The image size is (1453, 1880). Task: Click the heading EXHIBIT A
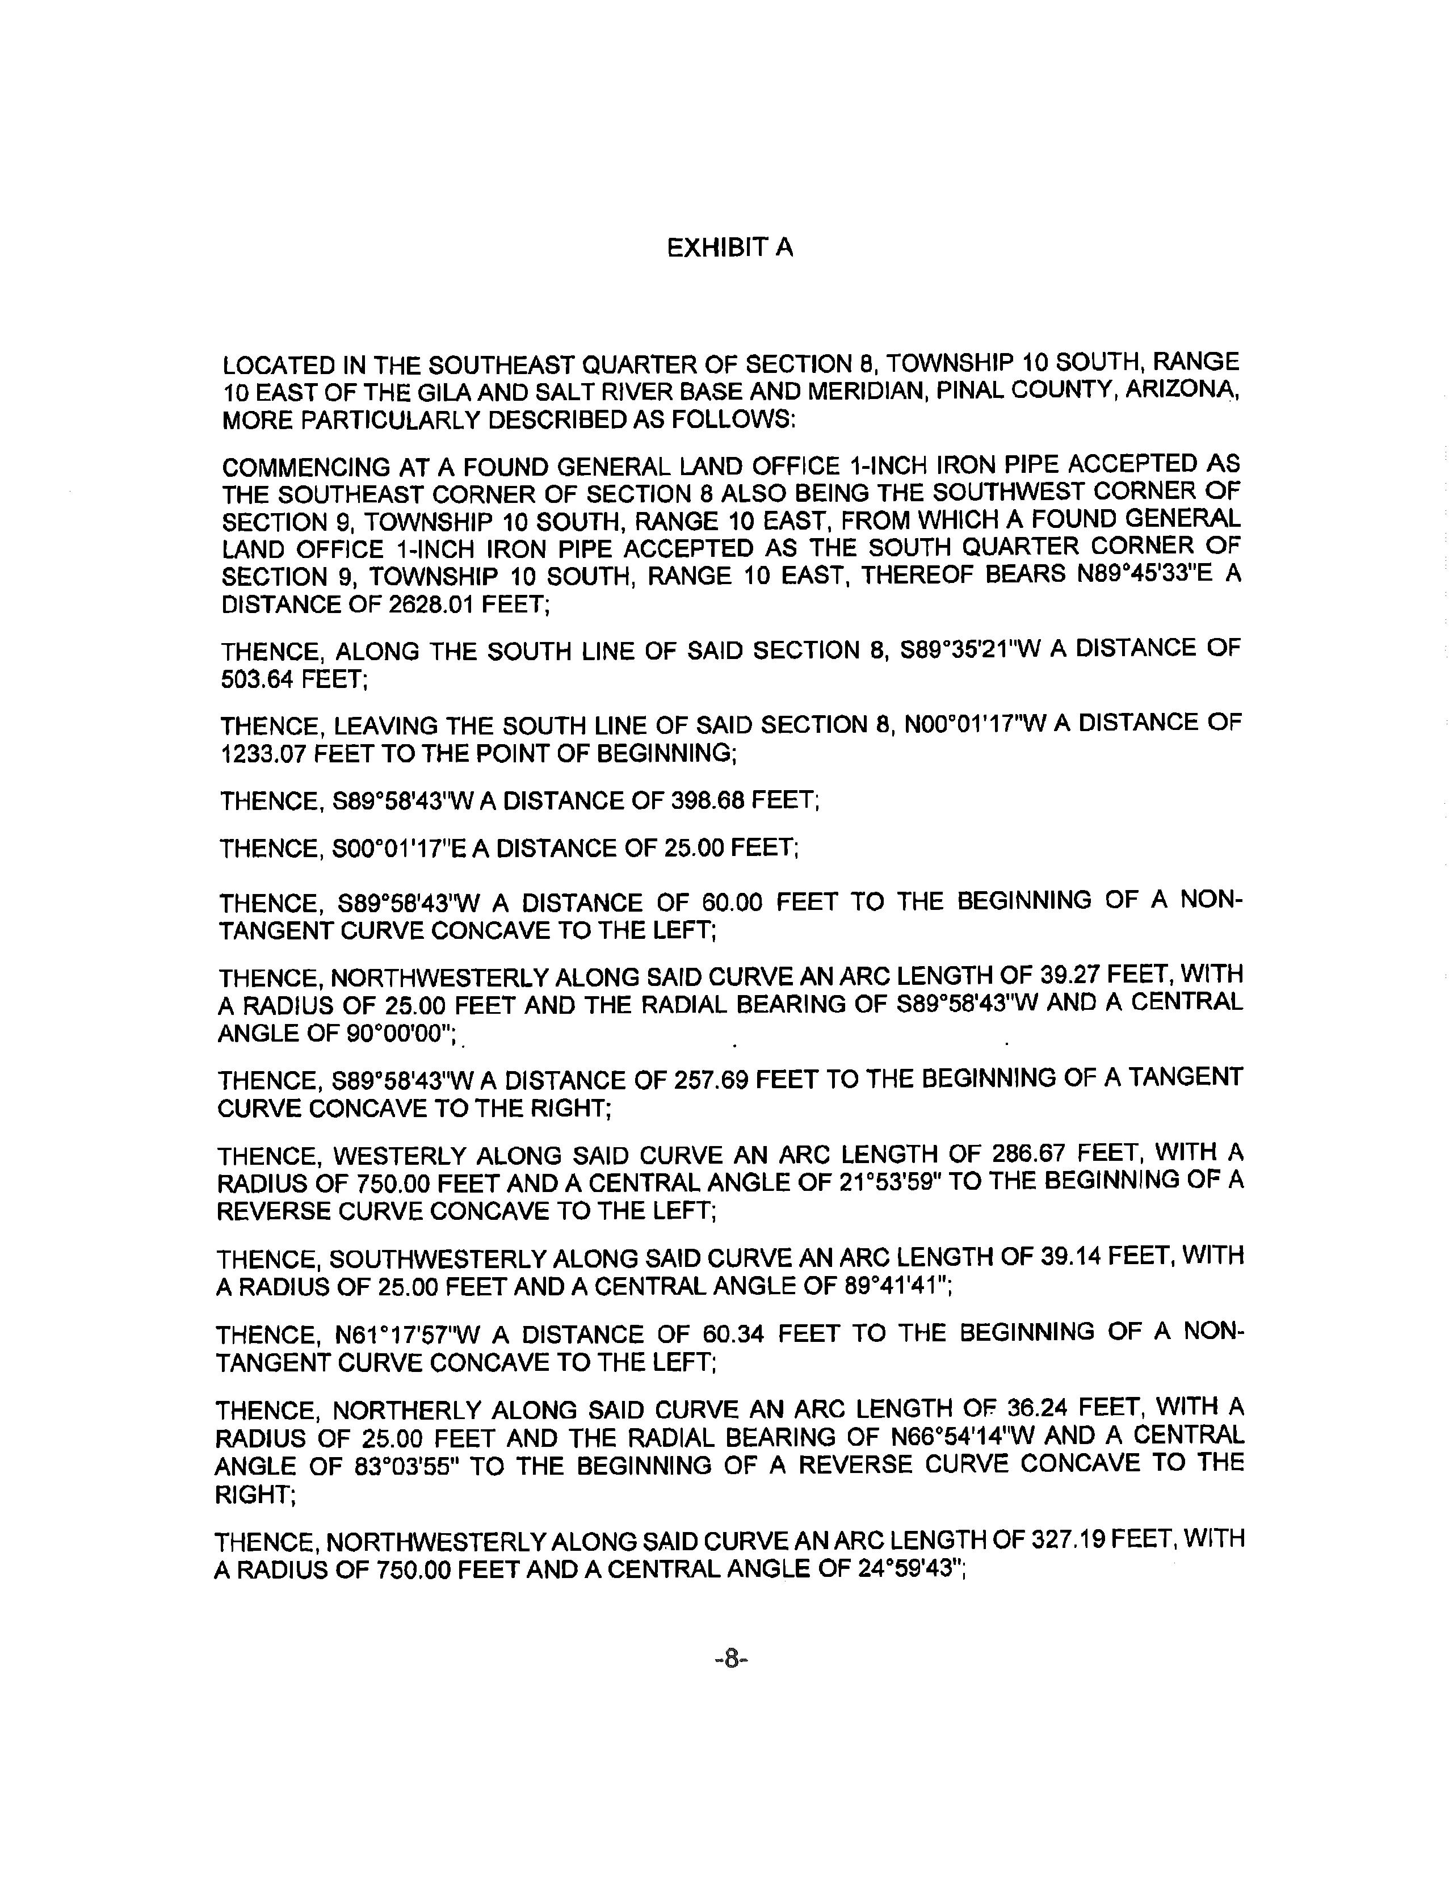tap(729, 249)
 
